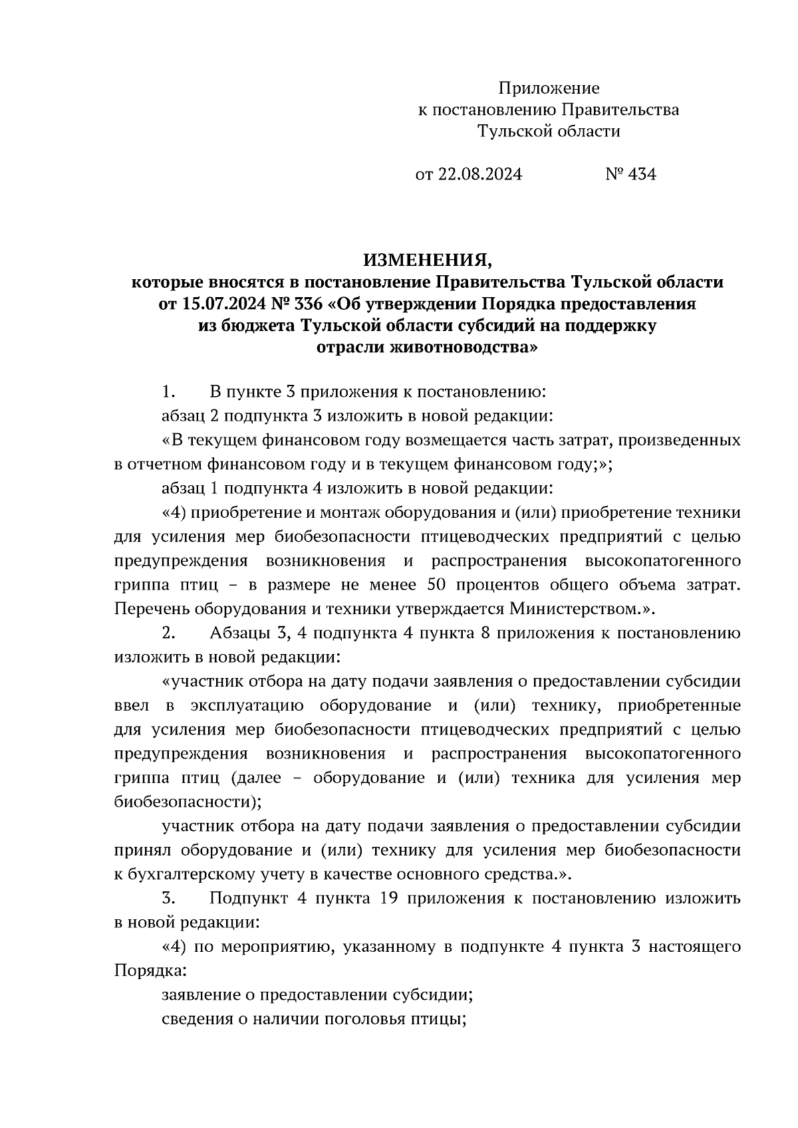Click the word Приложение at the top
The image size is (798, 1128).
tap(549, 88)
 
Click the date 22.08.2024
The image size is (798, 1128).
tap(479, 175)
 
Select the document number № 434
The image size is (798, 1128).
tap(630, 175)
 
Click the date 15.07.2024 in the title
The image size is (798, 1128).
tap(221, 304)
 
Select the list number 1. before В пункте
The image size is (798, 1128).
tap(168, 392)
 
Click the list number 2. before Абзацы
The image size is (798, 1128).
tap(168, 633)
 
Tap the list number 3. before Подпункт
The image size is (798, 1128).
tap(168, 899)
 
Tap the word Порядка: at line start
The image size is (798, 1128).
tap(150, 970)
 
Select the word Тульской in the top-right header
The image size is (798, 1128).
tap(509, 132)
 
